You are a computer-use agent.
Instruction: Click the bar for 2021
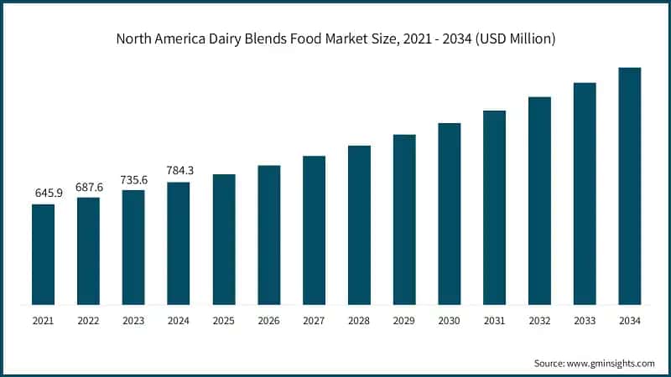pyautogui.click(x=43, y=254)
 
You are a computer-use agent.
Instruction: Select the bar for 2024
pyautogui.click(x=179, y=243)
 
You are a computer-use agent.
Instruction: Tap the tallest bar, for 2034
pyautogui.click(x=630, y=186)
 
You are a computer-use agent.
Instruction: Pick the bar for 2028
pyautogui.click(x=359, y=225)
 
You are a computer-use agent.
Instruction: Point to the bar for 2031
pyautogui.click(x=495, y=207)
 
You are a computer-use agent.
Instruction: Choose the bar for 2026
pyautogui.click(x=269, y=235)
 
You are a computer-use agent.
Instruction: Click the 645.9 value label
pyautogui.click(x=44, y=193)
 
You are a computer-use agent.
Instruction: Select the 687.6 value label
pyautogui.click(x=88, y=186)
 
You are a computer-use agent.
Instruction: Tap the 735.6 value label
pyautogui.click(x=133, y=178)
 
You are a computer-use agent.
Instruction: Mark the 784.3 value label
pyautogui.click(x=179, y=170)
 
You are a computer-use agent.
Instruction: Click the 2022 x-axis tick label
pyautogui.click(x=88, y=321)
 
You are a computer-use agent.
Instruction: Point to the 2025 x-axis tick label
pyautogui.click(x=224, y=321)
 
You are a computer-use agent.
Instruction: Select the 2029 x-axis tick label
pyautogui.click(x=404, y=321)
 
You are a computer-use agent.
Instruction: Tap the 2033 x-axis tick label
pyautogui.click(x=585, y=321)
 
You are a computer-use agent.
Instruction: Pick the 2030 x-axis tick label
pyautogui.click(x=450, y=321)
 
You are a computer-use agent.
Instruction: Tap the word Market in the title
pyautogui.click(x=351, y=39)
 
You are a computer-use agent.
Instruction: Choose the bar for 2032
pyautogui.click(x=539, y=200)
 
